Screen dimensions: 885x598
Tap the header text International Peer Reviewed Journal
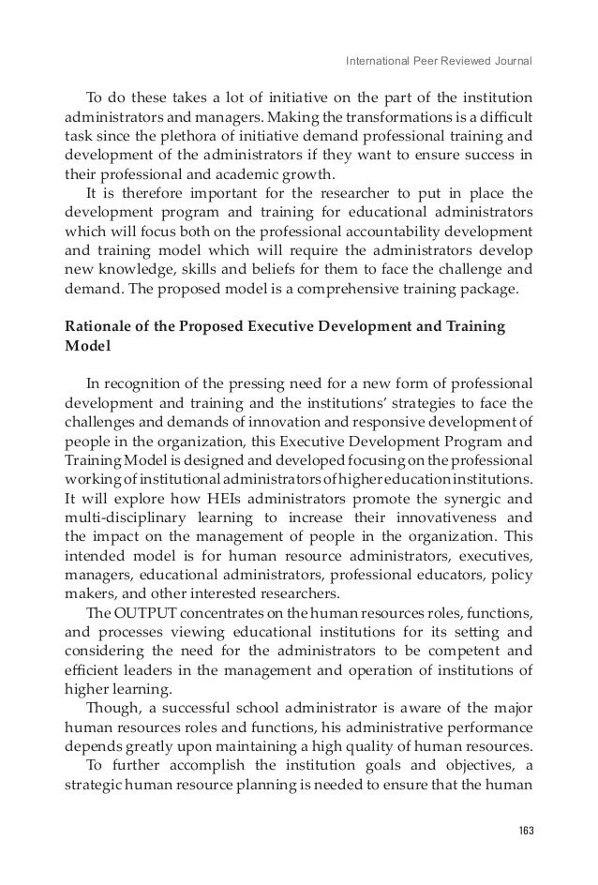pyautogui.click(x=439, y=63)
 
